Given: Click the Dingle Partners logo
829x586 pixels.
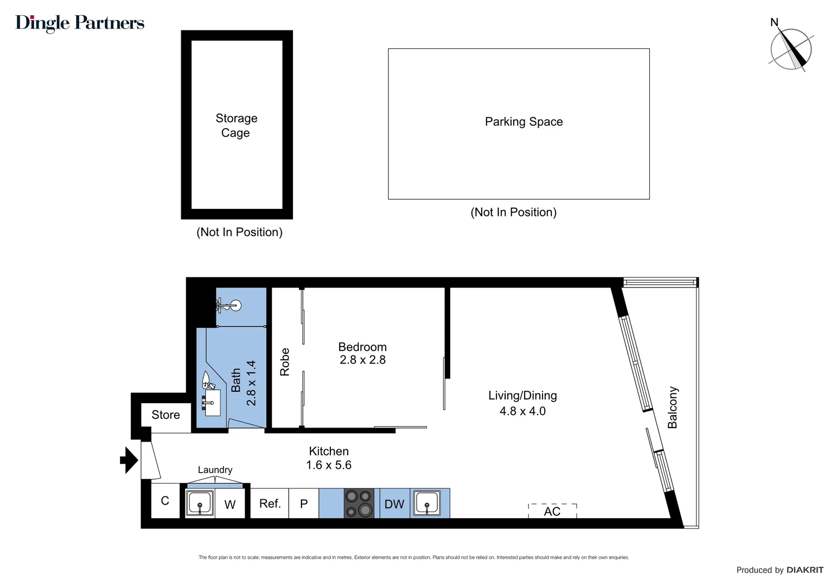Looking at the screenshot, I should click(80, 23).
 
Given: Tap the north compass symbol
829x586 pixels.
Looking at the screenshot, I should click(791, 49).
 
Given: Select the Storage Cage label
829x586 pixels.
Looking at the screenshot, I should click(236, 125).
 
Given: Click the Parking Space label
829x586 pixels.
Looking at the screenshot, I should click(524, 122).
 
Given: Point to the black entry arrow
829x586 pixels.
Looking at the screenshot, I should click(129, 460).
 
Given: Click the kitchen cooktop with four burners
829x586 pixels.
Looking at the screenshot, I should click(359, 504).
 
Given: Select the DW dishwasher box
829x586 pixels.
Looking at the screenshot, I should click(394, 504).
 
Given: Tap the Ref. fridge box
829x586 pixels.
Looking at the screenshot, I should click(270, 504).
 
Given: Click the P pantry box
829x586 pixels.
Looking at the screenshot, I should click(304, 504).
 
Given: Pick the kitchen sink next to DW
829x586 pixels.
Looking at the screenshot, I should click(427, 503).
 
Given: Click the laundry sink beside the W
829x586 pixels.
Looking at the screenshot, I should click(200, 503).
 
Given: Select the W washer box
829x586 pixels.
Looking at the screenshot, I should click(230, 505).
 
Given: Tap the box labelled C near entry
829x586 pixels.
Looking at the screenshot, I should click(165, 501).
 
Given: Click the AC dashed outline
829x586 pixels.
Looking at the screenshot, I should click(552, 511).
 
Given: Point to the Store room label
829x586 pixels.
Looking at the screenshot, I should click(165, 415).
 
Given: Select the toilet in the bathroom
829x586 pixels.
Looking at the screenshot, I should click(207, 380).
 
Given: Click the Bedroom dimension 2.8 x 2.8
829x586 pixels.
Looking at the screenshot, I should click(362, 360).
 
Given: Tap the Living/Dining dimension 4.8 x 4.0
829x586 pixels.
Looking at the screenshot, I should click(522, 411).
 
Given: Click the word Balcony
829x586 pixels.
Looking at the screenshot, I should click(673, 407).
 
